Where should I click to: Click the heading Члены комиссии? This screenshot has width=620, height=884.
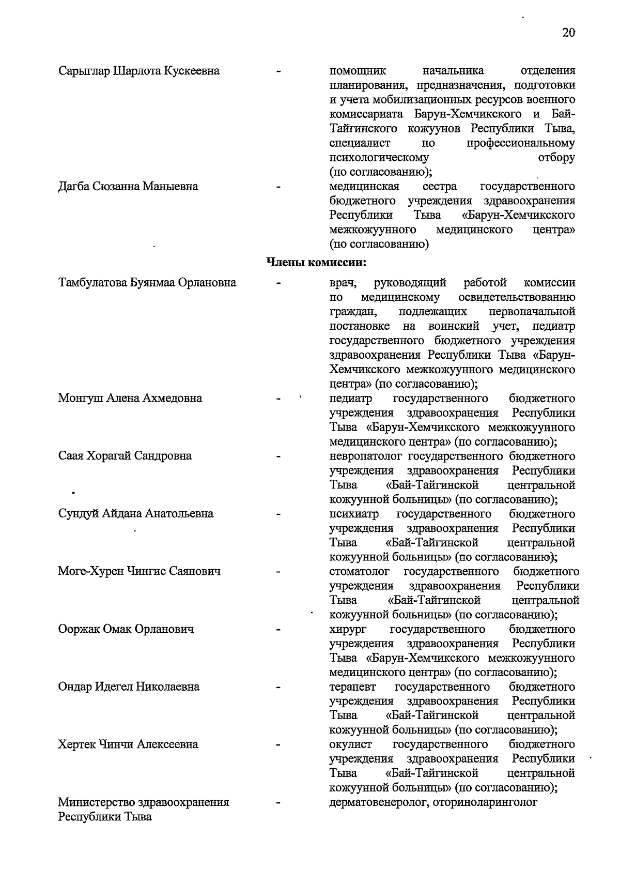click(316, 262)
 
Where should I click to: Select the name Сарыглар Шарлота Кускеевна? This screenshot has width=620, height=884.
click(138, 71)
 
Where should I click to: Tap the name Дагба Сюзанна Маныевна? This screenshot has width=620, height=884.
click(128, 186)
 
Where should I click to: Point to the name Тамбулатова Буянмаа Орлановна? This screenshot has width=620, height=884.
click(147, 283)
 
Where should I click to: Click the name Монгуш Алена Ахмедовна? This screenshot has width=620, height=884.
click(130, 398)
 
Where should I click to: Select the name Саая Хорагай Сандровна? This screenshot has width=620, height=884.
click(125, 456)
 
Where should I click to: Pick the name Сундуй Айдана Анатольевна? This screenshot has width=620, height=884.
click(135, 513)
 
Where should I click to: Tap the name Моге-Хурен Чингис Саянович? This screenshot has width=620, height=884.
click(139, 571)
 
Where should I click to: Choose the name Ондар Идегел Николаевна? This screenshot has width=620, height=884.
click(129, 687)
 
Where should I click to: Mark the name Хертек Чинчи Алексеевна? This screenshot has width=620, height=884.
click(128, 744)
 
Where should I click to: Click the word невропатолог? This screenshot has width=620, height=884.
click(366, 456)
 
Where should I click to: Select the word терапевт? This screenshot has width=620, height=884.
click(353, 687)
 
